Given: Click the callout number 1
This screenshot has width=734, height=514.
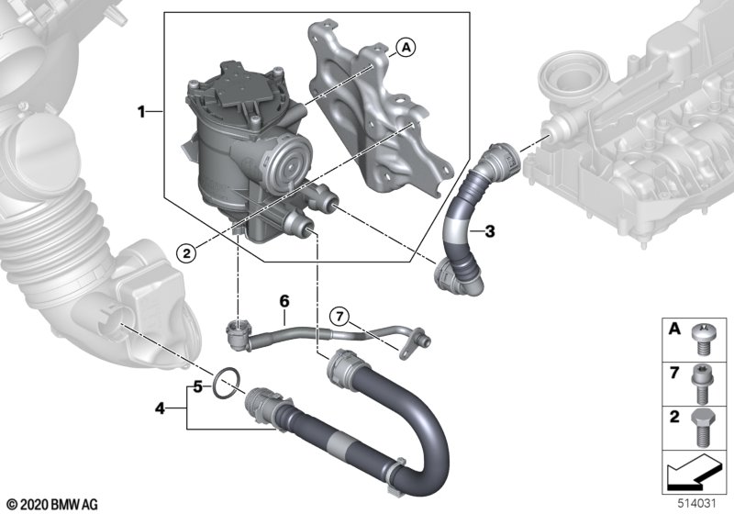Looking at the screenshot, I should point(142,112).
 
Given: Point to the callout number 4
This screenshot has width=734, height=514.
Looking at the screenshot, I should point(160,406).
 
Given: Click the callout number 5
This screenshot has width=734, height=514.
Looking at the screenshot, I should point(196,386).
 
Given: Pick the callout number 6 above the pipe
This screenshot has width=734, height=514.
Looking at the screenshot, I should point(284,300).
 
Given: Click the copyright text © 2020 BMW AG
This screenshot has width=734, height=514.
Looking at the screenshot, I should point(50,504).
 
